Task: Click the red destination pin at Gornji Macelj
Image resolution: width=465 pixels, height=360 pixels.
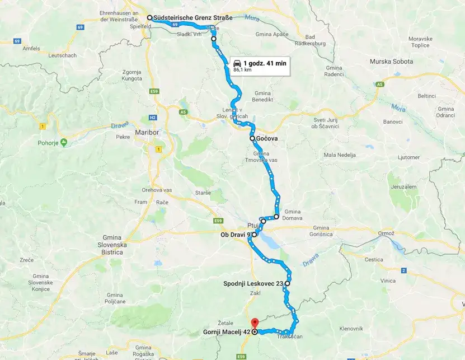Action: [255, 323]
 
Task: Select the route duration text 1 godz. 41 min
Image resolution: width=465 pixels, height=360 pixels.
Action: [265, 63]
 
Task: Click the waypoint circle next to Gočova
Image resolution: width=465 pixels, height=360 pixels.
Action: [252, 138]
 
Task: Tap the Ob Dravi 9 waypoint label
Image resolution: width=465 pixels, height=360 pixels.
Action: [236, 235]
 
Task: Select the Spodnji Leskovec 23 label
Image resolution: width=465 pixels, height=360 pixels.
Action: [253, 284]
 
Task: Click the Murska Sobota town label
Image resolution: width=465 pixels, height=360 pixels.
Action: [391, 61]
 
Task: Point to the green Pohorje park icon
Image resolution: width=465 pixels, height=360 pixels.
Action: [63, 142]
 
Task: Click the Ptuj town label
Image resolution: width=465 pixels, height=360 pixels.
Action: [253, 222]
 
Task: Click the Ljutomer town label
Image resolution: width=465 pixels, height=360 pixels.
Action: [393, 158]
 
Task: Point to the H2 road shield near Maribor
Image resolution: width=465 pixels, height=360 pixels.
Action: [152, 118]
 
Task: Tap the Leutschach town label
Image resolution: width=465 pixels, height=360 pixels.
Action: [62, 55]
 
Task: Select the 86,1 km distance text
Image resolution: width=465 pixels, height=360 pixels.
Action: [242, 70]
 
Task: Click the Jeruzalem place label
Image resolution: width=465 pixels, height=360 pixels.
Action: [403, 186]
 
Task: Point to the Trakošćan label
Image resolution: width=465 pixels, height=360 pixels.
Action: [290, 336]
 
